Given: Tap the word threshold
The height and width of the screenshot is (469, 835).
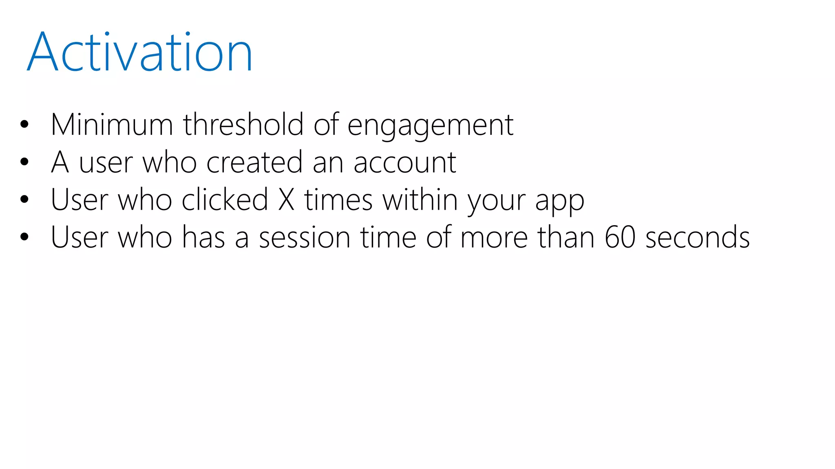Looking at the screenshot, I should [x=243, y=125].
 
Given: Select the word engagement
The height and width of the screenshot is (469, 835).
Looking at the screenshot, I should [x=430, y=125].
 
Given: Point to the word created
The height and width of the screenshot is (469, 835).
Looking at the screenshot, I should [x=254, y=162].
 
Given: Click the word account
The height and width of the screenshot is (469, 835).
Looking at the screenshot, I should [x=404, y=163].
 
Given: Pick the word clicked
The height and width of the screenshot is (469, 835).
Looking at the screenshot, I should [x=225, y=200].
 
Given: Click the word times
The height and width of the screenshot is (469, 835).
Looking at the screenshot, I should [x=338, y=200].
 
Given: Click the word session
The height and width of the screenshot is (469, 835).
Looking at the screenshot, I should [x=305, y=237].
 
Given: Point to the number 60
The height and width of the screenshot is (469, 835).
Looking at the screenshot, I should [x=620, y=237].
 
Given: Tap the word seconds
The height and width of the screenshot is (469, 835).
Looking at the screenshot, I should [x=698, y=237].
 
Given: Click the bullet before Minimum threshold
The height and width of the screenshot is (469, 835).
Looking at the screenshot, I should [x=24, y=125].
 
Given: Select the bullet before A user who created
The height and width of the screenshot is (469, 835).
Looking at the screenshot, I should [x=24, y=162].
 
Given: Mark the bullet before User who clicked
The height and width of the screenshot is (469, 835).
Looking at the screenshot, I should [x=24, y=199].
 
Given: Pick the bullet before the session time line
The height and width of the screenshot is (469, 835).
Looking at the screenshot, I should [x=24, y=237].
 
